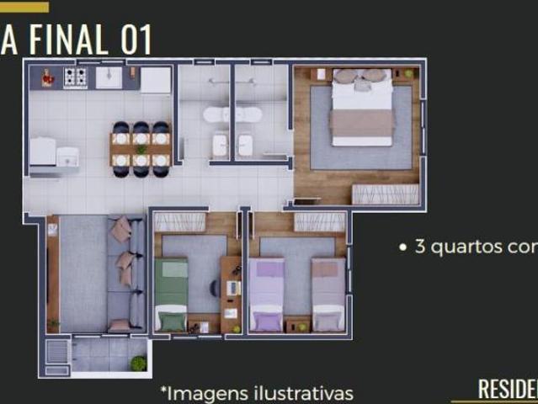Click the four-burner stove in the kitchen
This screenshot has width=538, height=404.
pyautogui.click(x=76, y=77)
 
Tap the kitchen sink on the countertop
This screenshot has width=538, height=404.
pyautogui.click(x=109, y=77)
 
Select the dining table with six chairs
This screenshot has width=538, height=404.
pyautogui.click(x=141, y=149)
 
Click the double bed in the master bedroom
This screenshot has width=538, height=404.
pyautogui.click(x=362, y=109)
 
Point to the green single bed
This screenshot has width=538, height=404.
pyautogui.click(x=172, y=295)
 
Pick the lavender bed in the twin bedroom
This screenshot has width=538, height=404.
pyautogui.click(x=267, y=295)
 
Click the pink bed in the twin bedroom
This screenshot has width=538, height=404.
pyautogui.click(x=328, y=295)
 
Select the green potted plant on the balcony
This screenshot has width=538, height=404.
pyautogui.click(x=138, y=363)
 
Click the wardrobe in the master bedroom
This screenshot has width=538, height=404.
pyautogui.click(x=385, y=194)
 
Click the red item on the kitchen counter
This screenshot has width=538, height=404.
pyautogui.click(x=48, y=77)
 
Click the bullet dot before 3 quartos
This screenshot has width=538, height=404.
pyautogui.click(x=402, y=248)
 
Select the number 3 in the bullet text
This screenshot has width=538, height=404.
pyautogui.click(x=419, y=248)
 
